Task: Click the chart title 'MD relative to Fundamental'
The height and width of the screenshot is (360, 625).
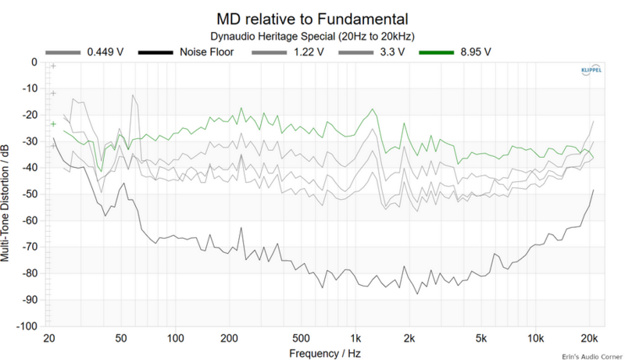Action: [312, 17]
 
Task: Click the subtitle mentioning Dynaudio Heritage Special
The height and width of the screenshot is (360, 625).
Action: [312, 36]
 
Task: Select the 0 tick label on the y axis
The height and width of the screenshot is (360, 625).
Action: [34, 62]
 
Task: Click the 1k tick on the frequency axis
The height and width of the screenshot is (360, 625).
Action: [355, 338]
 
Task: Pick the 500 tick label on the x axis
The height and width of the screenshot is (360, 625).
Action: [301, 338]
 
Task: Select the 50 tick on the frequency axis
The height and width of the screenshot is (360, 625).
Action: [120, 338]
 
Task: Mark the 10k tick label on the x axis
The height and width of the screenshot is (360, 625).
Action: [535, 338]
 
